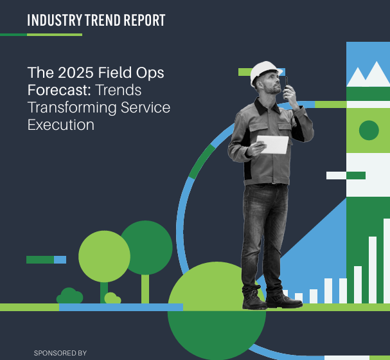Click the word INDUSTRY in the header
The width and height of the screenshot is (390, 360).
[x=54, y=21]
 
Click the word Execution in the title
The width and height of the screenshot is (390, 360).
[x=60, y=125]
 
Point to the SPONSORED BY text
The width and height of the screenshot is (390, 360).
[x=60, y=353]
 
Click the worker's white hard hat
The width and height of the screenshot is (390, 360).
[x=263, y=71]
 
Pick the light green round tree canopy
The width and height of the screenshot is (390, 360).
[x=104, y=256]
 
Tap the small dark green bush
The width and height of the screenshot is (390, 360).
[x=69, y=296]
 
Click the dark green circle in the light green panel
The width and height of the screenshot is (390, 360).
[x=368, y=130]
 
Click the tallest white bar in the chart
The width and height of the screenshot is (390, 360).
[x=386, y=260]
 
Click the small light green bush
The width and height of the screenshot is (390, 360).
[x=112, y=298]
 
